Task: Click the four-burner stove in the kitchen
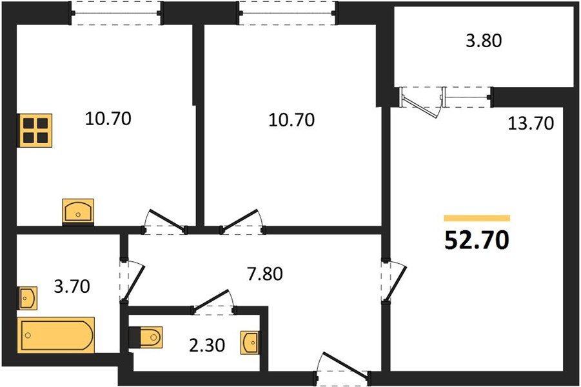(x=35, y=130)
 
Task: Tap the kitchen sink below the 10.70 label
(x=78, y=212)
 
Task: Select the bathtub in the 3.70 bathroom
(x=55, y=335)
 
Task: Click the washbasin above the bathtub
(x=28, y=297)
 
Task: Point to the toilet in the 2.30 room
(x=146, y=337)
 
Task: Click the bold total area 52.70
(x=477, y=240)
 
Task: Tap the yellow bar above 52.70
(x=477, y=218)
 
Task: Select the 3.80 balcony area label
(x=484, y=41)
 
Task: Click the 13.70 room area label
(x=531, y=123)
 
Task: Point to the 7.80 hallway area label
(x=265, y=274)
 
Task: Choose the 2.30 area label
(x=207, y=346)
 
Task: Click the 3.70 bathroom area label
(x=72, y=286)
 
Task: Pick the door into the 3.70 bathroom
(x=132, y=282)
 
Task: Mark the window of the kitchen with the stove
(x=116, y=14)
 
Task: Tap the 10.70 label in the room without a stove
(x=291, y=120)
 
